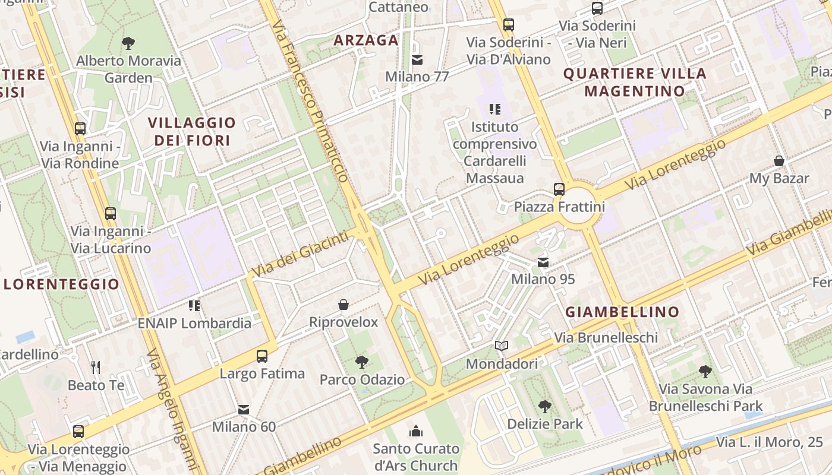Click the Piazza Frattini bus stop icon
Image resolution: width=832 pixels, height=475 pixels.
[559, 189]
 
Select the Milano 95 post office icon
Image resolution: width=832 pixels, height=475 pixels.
[543, 262]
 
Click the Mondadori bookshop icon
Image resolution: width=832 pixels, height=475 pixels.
[502, 346]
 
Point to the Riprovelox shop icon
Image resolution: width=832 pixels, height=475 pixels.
[343, 305]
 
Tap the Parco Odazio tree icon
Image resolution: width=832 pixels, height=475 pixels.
[361, 362]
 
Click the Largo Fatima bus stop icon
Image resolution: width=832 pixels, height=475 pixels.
[261, 356]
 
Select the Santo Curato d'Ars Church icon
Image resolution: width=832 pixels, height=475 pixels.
[416, 430]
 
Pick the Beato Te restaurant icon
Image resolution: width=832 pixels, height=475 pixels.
[96, 368]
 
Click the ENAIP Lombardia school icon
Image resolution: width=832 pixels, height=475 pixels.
[194, 306]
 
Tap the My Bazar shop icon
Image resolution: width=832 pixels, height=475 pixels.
[779, 161]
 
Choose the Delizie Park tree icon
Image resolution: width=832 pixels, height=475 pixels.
[544, 406]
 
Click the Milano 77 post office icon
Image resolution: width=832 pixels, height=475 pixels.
[417, 59]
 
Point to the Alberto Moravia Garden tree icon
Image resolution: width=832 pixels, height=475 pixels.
[128, 43]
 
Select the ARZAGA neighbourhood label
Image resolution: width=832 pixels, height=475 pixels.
[365, 40]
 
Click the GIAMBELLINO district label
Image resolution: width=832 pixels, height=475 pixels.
[622, 312]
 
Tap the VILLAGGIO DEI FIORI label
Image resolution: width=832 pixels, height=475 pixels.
[191, 131]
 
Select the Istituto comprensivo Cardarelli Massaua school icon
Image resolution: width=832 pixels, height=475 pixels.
[494, 109]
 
